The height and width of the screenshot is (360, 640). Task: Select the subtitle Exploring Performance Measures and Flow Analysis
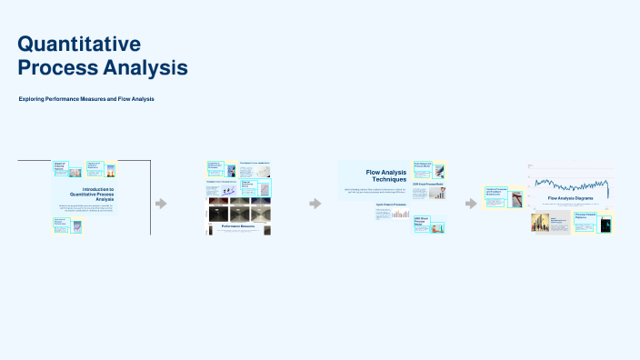(x=86, y=98)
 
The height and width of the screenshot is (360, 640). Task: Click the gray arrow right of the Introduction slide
(x=161, y=203)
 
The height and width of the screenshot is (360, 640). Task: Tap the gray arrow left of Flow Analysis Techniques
(x=315, y=203)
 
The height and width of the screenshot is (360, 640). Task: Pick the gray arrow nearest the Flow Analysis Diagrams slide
(x=471, y=203)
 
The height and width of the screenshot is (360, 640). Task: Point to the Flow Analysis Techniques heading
(x=385, y=175)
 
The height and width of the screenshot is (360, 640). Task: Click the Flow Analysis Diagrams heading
(x=570, y=197)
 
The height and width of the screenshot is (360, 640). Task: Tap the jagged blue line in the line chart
(x=568, y=180)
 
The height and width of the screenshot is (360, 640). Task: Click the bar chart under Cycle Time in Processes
(x=400, y=214)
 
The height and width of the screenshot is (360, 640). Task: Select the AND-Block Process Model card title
(x=422, y=220)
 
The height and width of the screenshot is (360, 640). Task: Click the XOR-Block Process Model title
(x=428, y=184)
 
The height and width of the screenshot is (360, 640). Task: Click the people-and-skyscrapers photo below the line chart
(x=539, y=223)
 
